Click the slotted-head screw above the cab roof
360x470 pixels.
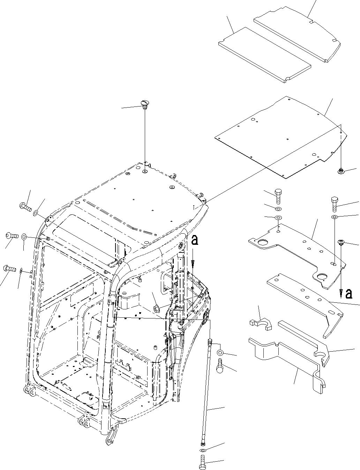[144, 103]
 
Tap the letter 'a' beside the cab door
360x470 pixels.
[195, 240]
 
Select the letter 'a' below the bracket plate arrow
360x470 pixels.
[348, 294]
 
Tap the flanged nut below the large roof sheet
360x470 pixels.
[341, 171]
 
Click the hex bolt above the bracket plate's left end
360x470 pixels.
[278, 197]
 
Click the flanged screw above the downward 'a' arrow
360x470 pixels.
[341, 242]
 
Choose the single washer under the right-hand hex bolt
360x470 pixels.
[334, 218]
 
